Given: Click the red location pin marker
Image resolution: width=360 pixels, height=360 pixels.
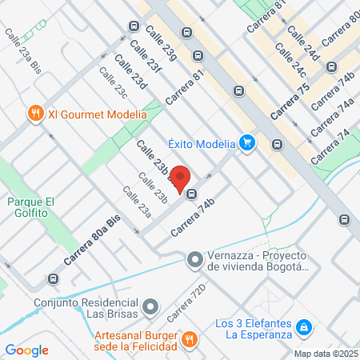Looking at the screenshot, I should coord(181,178).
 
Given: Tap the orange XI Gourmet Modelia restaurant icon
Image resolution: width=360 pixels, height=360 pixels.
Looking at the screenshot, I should coord(35,114).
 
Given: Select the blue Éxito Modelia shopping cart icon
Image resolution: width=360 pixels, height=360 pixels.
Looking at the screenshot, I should coord(247,143).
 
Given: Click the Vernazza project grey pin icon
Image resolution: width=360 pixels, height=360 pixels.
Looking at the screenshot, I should coord(194,259).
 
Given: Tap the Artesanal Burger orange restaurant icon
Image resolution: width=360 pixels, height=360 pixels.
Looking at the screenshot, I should coord(189,339).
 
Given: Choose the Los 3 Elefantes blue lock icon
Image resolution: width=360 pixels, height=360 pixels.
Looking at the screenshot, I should coord(304,327).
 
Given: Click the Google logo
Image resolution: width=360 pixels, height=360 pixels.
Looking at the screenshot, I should coord(26,350).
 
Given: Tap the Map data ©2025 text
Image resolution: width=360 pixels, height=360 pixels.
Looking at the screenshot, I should coord(326,354).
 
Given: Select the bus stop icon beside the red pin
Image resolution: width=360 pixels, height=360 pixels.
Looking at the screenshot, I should coord(191,193).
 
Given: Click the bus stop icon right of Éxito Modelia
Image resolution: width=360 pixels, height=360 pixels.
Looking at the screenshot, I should coord(277,144).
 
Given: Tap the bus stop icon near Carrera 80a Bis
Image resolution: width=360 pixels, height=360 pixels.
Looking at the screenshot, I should coord(53,278).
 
